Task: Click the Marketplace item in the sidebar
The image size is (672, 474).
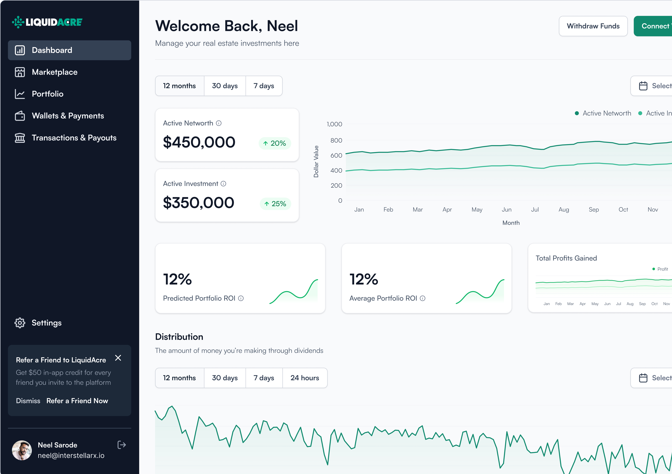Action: [54, 72]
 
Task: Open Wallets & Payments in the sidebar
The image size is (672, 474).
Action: [68, 116]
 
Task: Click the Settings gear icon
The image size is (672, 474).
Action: [20, 323]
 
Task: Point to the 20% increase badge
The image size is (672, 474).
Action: [275, 143]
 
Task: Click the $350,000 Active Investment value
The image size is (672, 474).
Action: [198, 203]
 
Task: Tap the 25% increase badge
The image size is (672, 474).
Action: [275, 204]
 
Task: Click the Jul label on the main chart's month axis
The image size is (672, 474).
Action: [535, 210]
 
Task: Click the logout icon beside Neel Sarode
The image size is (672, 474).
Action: [122, 445]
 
